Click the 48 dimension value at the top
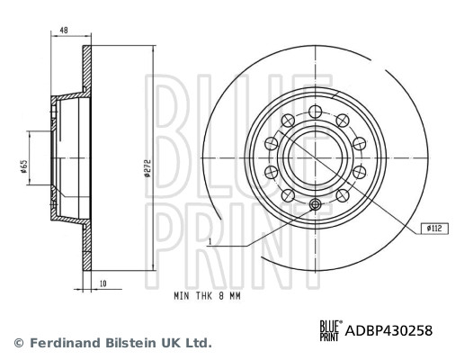point(64,31)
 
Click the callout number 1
point(209,241)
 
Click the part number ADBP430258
point(389,330)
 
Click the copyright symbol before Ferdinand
point(18,343)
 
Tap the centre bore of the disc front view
point(314,153)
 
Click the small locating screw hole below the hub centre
point(314,206)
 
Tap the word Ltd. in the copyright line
point(199,343)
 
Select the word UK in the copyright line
point(170,343)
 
